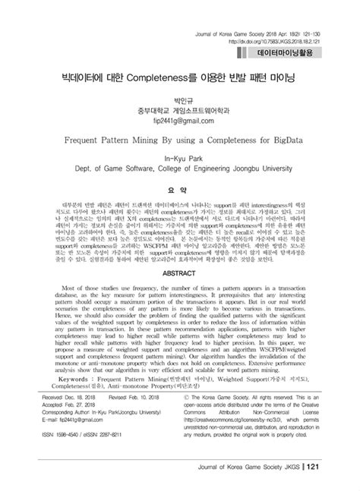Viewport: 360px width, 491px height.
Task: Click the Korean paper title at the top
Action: point(179,79)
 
